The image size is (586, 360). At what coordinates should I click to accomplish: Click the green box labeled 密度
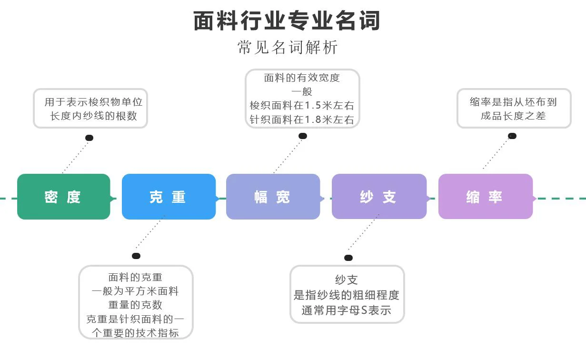pyautogui.click(x=63, y=197)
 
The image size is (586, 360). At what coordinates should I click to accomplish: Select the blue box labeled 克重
pyautogui.click(x=169, y=197)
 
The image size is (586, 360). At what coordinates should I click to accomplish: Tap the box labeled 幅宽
pyautogui.click(x=273, y=197)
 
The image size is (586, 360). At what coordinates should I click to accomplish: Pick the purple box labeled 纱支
pyautogui.click(x=379, y=197)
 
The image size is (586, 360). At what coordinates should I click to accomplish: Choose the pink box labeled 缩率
pyautogui.click(x=485, y=197)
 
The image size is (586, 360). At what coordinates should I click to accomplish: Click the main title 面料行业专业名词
pyautogui.click(x=287, y=21)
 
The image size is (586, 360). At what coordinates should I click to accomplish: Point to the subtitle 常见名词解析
pyautogui.click(x=288, y=47)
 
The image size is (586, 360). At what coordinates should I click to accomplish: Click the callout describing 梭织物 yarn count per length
pyautogui.click(x=90, y=109)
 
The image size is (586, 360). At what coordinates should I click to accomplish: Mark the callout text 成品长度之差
pyautogui.click(x=513, y=116)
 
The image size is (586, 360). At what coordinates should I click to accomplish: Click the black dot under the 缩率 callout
pyautogui.click(x=512, y=136)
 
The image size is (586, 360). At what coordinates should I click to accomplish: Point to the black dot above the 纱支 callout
pyautogui.click(x=348, y=258)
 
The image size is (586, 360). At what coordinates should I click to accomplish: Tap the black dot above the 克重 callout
pyautogui.click(x=136, y=256)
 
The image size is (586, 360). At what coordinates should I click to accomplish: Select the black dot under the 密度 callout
pyautogui.click(x=89, y=138)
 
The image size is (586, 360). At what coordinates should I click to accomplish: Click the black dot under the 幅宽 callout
pyautogui.click(x=303, y=136)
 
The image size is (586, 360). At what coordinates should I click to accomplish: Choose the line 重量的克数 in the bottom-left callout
pyautogui.click(x=135, y=305)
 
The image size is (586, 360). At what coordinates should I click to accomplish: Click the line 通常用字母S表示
pyautogui.click(x=347, y=310)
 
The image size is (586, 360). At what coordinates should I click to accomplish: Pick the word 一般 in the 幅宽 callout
pyautogui.click(x=302, y=91)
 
